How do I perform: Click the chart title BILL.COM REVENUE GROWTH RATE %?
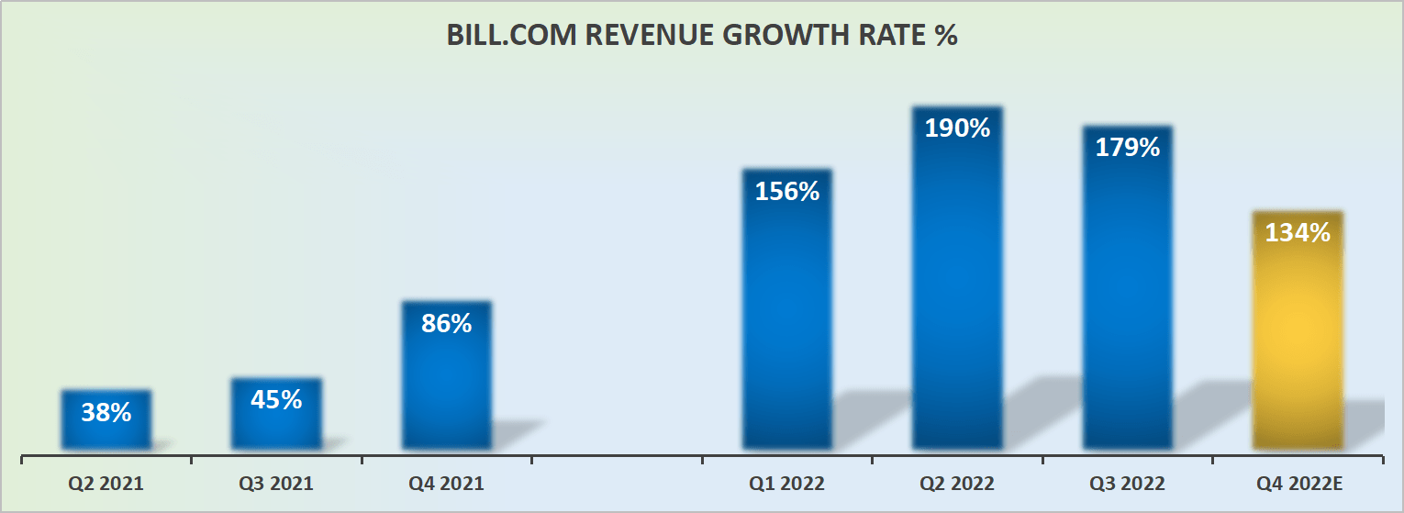coord(702,35)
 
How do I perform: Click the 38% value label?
coord(106,413)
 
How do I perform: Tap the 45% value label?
coord(276,400)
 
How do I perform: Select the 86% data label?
coord(447,323)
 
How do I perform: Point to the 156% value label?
coord(787,192)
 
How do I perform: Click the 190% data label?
coord(957,128)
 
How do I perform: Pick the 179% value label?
coord(1128,147)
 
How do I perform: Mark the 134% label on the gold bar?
coord(1298,233)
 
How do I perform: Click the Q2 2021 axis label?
coord(106,484)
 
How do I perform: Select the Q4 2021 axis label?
coord(447,484)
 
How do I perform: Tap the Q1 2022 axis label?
coord(787,484)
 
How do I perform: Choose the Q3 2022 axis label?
coord(1128,484)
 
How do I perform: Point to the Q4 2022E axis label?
coord(1298,484)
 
